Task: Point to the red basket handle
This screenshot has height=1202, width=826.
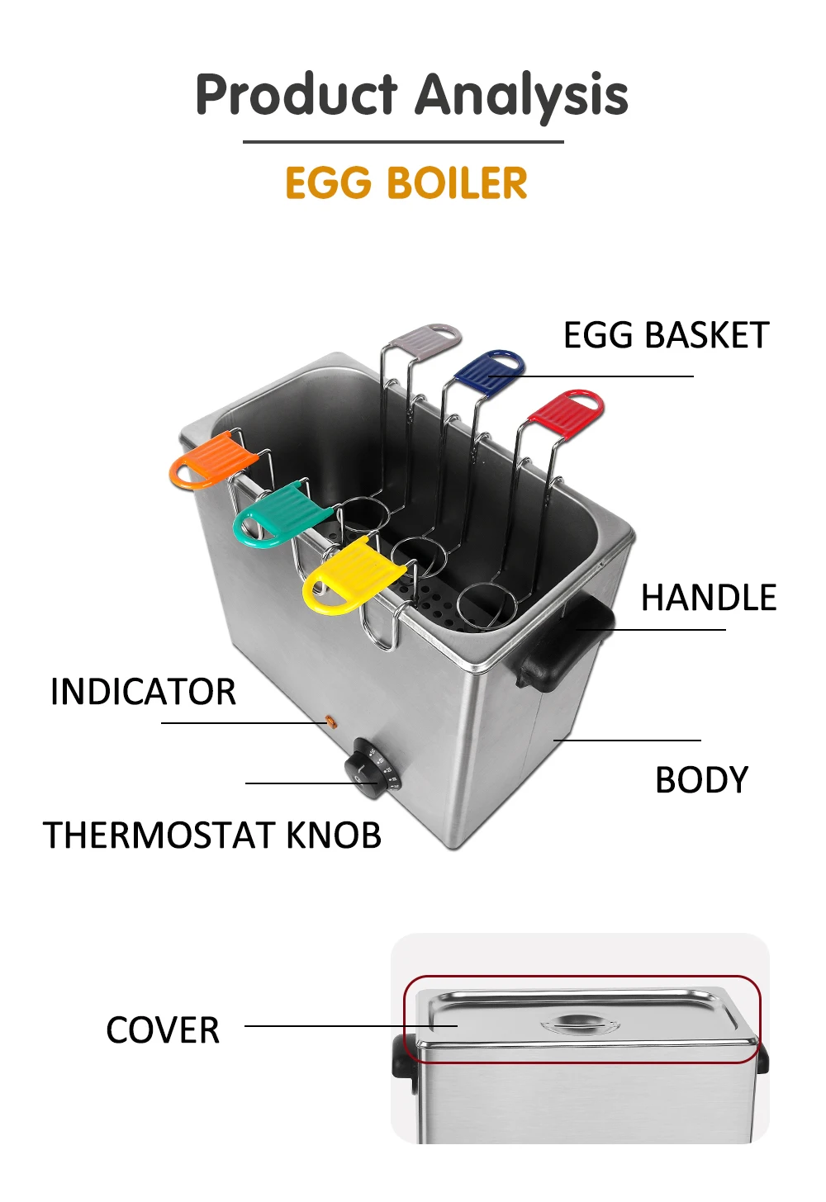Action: coord(567,411)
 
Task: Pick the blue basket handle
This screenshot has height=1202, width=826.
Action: coord(490,368)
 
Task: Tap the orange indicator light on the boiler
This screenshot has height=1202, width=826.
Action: coord(332,722)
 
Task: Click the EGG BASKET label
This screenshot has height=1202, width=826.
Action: coord(666,335)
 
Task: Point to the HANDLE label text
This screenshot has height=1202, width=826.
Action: coord(709,598)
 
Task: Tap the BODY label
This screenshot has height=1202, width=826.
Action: coord(701,780)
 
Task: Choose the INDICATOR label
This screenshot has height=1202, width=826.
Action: coord(143,692)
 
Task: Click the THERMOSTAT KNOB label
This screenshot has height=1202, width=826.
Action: coord(212,835)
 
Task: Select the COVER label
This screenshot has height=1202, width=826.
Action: coord(163,1030)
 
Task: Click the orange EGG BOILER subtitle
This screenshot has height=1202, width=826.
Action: coord(406,183)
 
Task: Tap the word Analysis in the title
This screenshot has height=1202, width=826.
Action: coord(521,95)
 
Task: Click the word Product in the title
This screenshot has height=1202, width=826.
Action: coord(297,95)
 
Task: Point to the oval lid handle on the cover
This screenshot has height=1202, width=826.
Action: coord(580,1025)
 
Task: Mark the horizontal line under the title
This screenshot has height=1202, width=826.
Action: coord(403,142)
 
